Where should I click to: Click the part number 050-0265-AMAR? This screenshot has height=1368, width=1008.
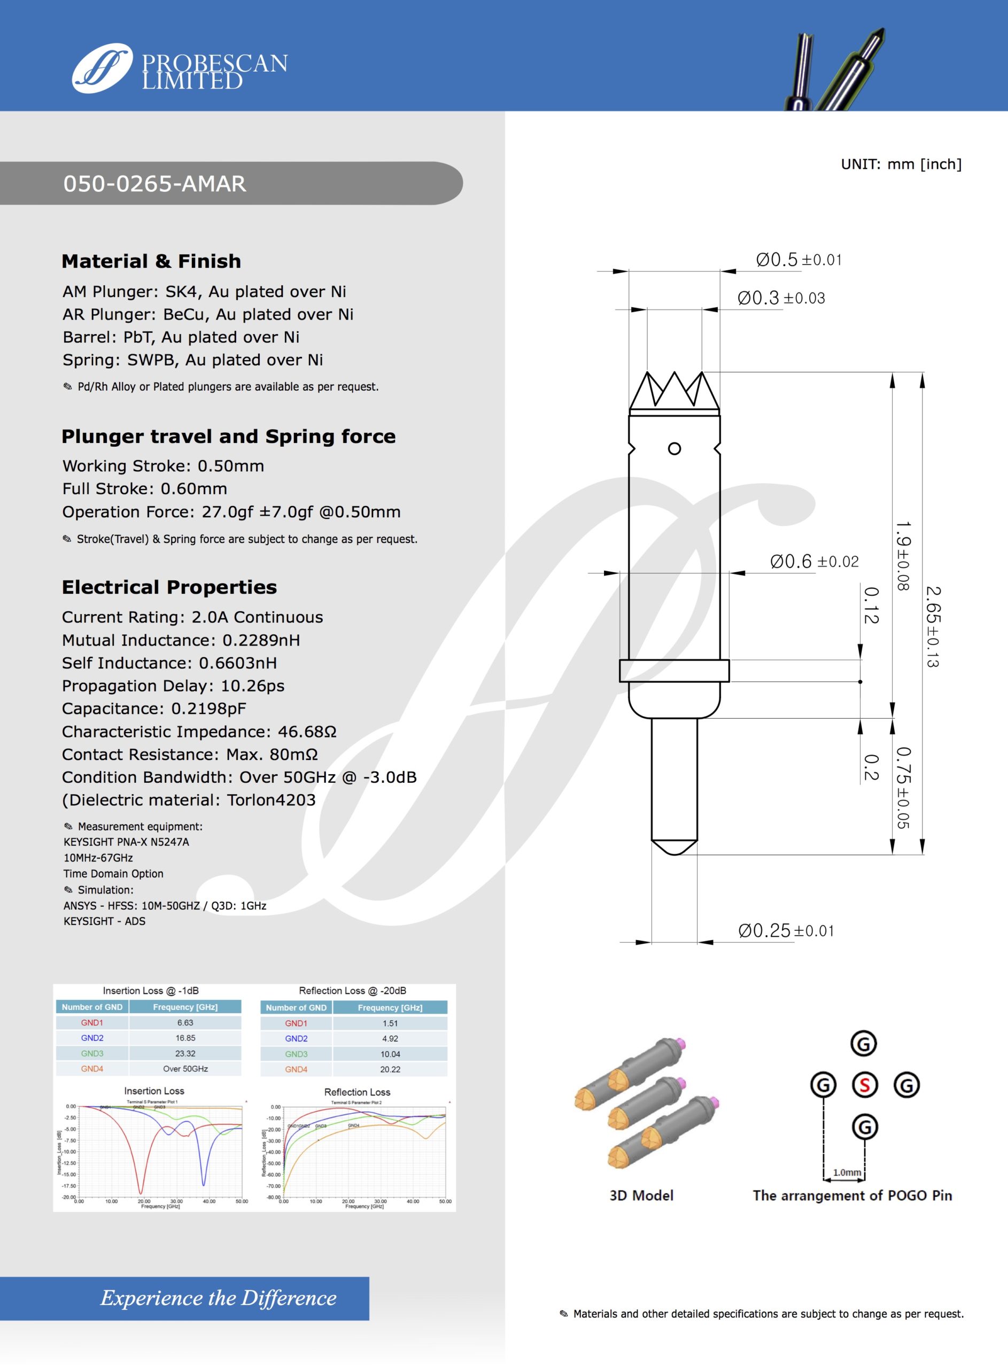154,184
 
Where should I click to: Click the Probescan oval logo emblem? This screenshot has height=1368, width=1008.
102,68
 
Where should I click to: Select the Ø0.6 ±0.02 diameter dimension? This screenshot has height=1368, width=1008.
814,561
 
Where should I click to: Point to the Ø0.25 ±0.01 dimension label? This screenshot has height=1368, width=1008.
785,930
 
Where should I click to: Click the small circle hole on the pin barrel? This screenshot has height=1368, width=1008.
674,449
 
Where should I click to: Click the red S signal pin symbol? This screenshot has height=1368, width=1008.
864,1085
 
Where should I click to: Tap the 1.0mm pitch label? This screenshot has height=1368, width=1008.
847,1172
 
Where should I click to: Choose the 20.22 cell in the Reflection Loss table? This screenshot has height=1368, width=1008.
390,1069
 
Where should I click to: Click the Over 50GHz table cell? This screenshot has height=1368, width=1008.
185,1069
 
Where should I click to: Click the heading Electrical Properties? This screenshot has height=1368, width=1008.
169,587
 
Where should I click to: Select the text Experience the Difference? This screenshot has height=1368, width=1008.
218,1297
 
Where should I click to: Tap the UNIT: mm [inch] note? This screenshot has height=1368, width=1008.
901,164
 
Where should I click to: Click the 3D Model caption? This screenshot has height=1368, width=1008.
641,1195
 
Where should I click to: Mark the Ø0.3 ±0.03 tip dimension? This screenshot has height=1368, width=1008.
781,298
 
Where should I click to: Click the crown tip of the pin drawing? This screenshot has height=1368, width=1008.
674,390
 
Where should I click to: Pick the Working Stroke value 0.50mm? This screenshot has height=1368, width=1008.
231,466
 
